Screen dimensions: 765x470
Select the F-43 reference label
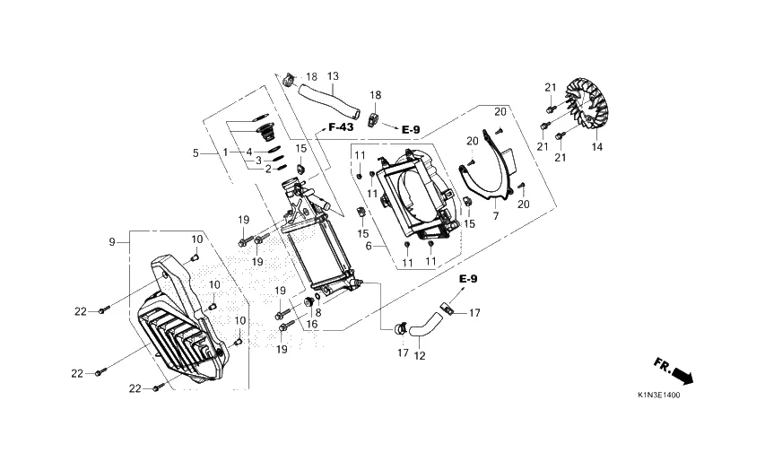[x=341, y=127]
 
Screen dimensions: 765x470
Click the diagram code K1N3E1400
[x=658, y=396]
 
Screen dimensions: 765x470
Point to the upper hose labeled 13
[x=328, y=101]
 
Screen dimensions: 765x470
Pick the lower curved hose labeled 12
[x=426, y=325]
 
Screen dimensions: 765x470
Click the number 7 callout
[x=496, y=216]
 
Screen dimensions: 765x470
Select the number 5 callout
[x=196, y=153]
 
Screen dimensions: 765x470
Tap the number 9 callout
[x=112, y=241]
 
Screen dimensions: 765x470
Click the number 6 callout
[x=369, y=247]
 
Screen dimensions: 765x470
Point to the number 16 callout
[x=312, y=324]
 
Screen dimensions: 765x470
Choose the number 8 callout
[x=318, y=313]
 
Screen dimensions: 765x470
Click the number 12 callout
[x=420, y=356]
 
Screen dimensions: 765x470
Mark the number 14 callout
[x=597, y=146]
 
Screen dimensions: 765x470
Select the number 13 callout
[x=333, y=76]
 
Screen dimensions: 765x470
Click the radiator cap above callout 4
[x=265, y=132]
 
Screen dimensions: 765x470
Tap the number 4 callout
[x=249, y=152]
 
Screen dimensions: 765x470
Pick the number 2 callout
[x=268, y=170]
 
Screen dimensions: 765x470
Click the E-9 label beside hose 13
[x=411, y=130]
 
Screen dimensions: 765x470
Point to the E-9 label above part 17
[x=468, y=279]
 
